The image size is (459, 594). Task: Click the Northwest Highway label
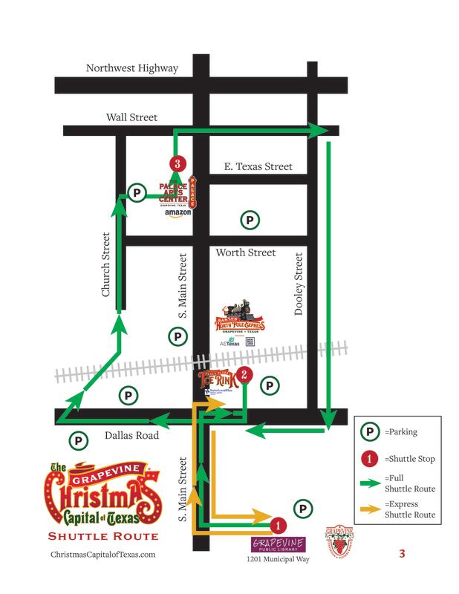[132, 68]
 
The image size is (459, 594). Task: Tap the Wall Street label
[132, 117]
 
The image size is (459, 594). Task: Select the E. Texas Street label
[258, 167]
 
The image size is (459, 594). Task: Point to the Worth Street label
[246, 253]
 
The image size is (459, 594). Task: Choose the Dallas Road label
[131, 436]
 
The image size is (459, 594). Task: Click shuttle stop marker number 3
[177, 163]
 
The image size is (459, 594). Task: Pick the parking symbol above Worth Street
[250, 220]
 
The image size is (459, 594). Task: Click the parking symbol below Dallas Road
[77, 440]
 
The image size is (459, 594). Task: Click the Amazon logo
[178, 213]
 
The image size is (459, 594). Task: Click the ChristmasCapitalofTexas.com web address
[102, 555]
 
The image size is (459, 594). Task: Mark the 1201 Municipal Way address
[278, 558]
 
